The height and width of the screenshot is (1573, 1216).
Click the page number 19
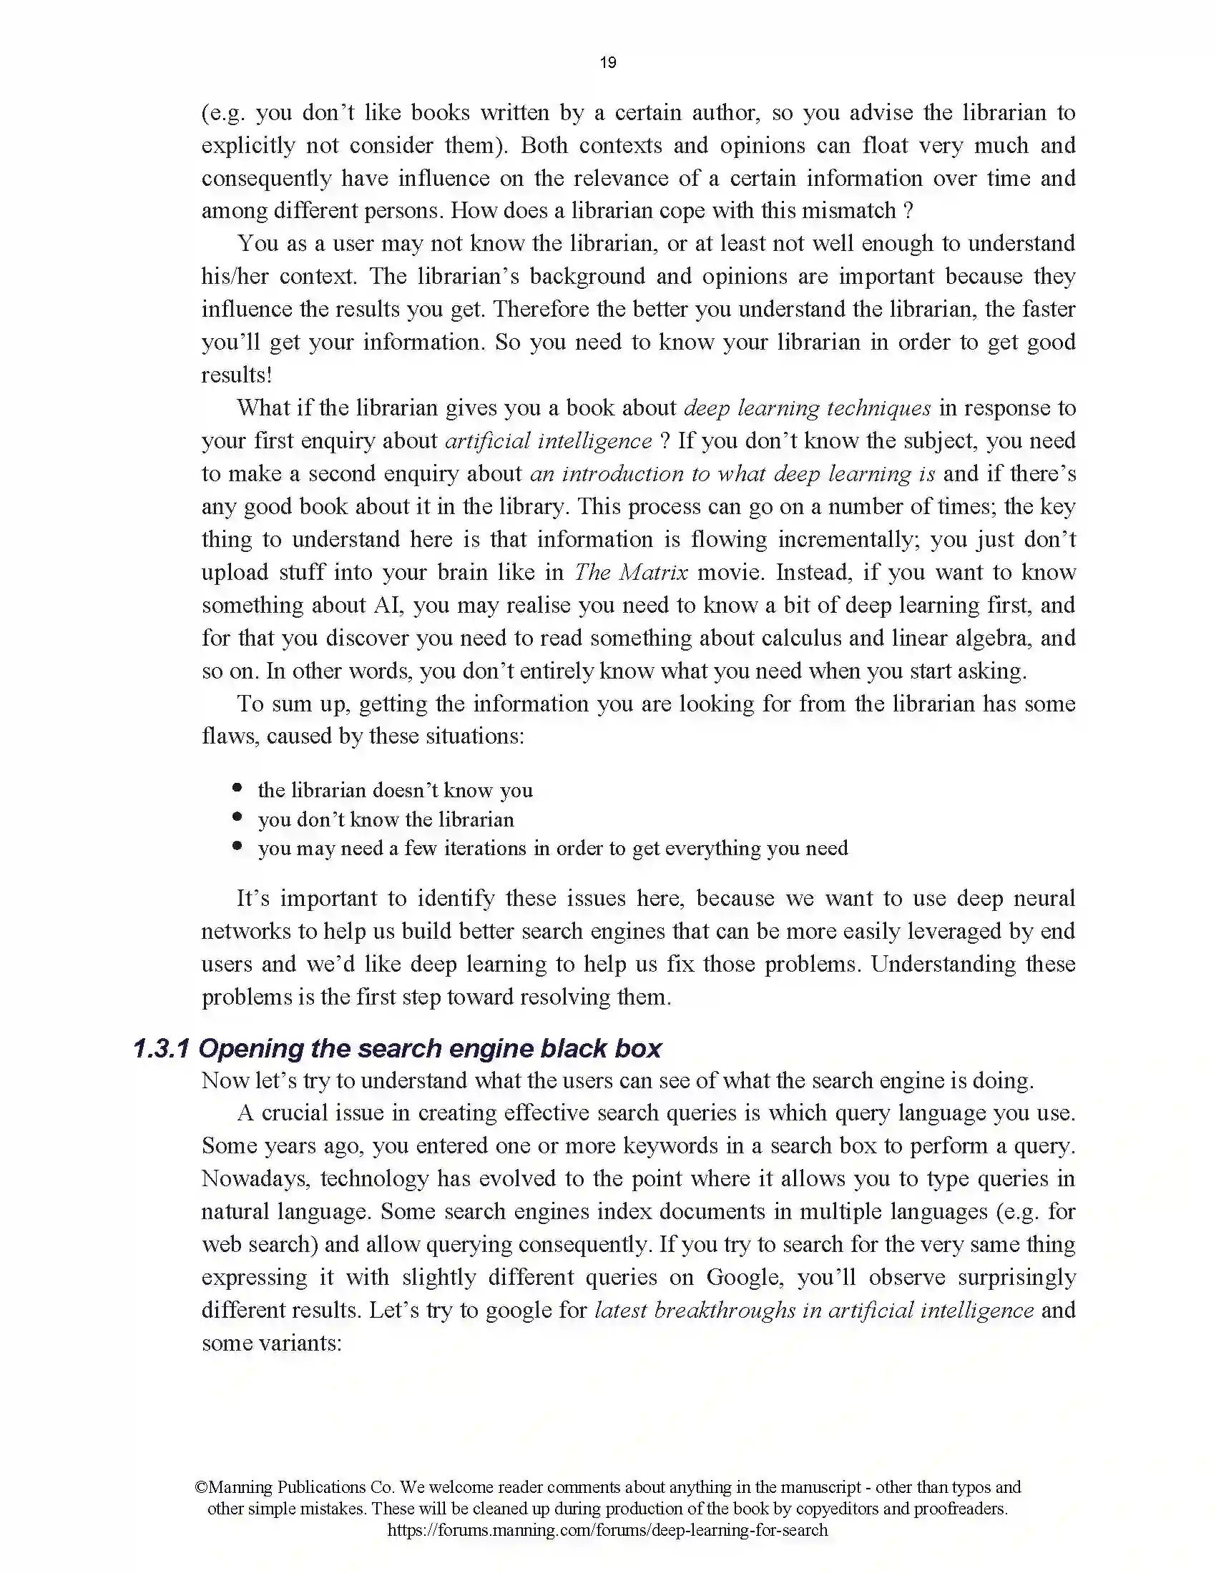(607, 63)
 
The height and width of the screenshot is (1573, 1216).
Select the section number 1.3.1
(162, 1049)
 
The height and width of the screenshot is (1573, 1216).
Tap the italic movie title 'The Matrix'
(631, 573)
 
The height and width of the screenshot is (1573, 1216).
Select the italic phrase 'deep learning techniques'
(807, 408)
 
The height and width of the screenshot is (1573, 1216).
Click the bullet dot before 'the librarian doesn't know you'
(237, 788)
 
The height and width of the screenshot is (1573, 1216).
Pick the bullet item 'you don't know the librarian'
(386, 819)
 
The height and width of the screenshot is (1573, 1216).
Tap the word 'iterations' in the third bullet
(475, 849)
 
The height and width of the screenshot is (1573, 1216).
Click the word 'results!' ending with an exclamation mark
(236, 375)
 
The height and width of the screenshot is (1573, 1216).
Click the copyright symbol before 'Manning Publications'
(201, 1487)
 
